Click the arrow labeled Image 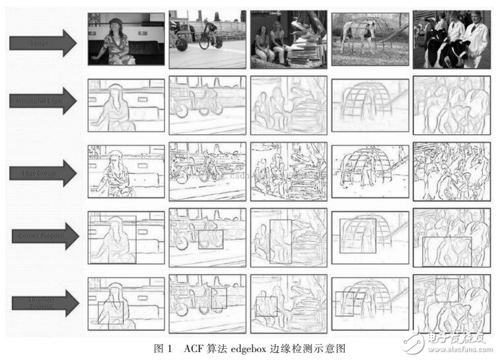[44, 43]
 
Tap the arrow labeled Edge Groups [44, 172]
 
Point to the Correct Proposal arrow [44, 236]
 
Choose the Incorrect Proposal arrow [44, 302]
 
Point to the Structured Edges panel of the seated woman [125, 105]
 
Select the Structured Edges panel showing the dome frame [370, 105]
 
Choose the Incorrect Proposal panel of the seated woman [125, 303]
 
